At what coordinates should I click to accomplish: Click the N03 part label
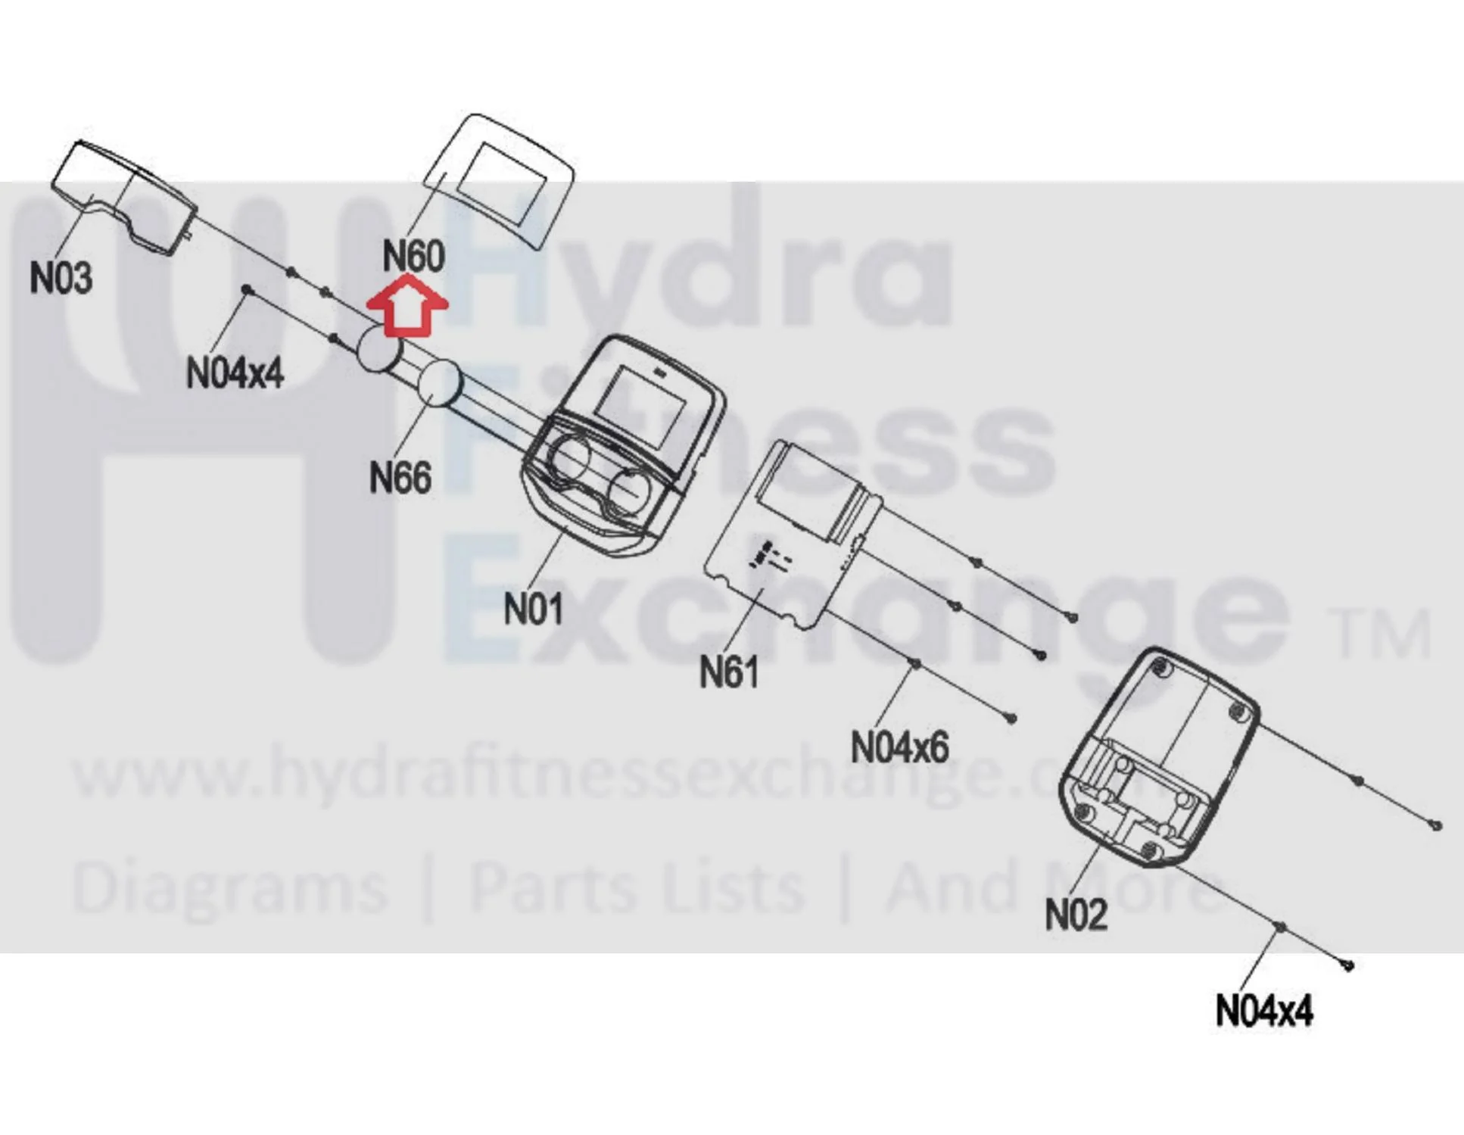pos(61,278)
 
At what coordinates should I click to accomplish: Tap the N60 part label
pos(413,255)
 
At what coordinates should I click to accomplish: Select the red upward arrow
pos(407,305)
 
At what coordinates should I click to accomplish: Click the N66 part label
pos(400,477)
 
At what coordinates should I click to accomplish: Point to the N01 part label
pos(534,608)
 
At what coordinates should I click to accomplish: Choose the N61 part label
pos(728,671)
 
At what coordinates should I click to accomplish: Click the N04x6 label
pos(899,747)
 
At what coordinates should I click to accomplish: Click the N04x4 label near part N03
pos(235,373)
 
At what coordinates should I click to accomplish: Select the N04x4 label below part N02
pos(1264,1010)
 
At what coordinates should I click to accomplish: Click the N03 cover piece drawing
pos(124,197)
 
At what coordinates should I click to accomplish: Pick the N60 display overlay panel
pos(498,182)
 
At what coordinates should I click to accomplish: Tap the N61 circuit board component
pos(793,534)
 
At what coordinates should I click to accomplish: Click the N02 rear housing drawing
pos(1158,757)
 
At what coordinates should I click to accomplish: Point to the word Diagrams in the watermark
pos(230,887)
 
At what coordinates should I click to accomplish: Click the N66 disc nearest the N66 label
pos(440,383)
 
